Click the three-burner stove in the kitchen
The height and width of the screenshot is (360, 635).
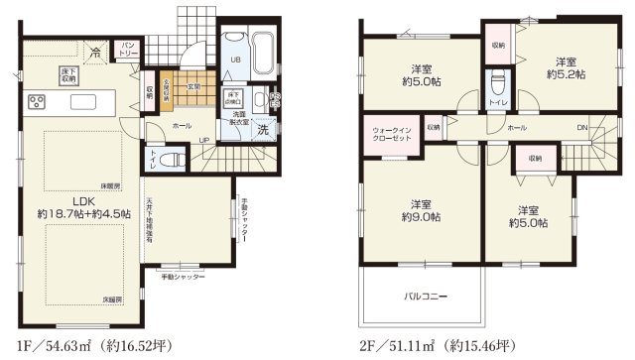point(38,101)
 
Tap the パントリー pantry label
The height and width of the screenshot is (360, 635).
point(129,48)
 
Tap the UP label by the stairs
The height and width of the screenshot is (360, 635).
point(204,139)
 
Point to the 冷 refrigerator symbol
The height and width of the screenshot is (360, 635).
point(95,52)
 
